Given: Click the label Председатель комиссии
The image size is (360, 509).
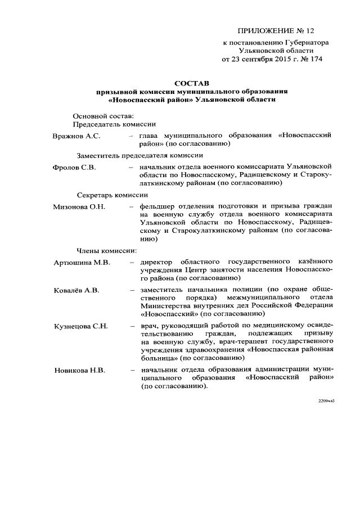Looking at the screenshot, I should [115, 124].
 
